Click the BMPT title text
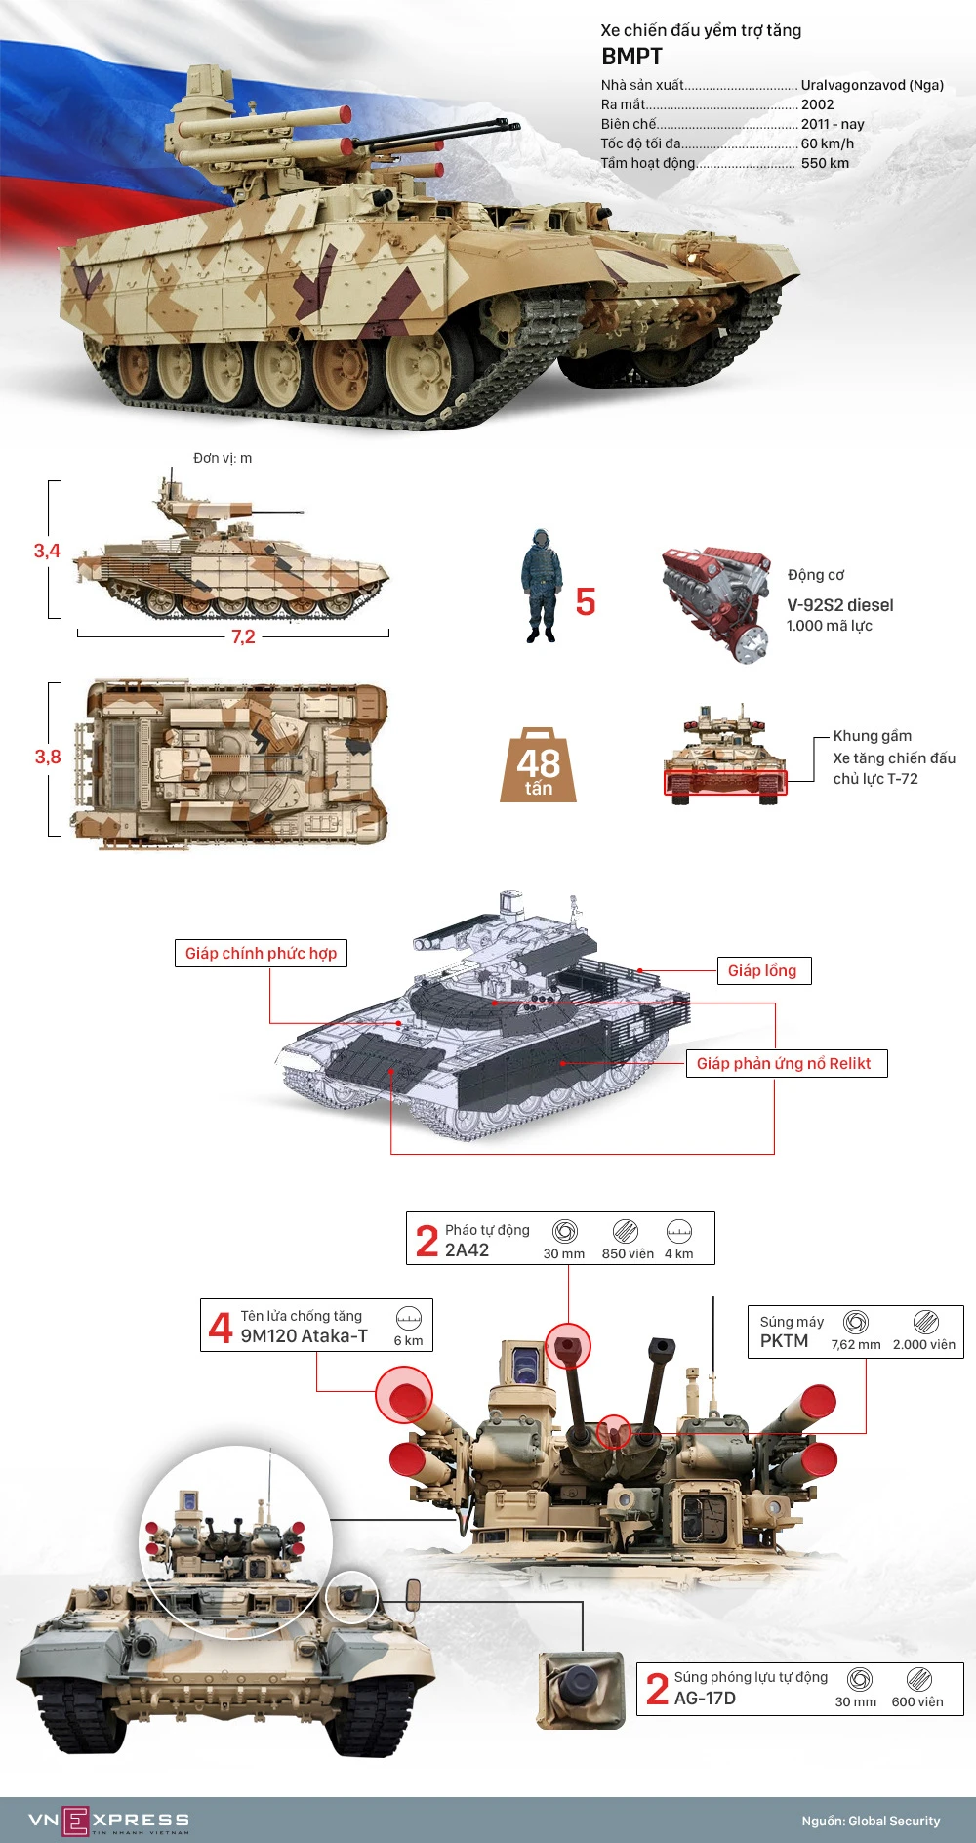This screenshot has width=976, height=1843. point(631,57)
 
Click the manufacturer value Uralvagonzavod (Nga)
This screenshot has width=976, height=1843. point(872,85)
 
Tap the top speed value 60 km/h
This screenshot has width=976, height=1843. point(827,143)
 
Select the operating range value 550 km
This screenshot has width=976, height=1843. point(825,163)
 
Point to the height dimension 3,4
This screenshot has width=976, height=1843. point(47,551)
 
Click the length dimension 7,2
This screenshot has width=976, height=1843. point(243,636)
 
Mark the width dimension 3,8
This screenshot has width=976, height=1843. point(47,757)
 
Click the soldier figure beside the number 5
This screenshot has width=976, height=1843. point(538,586)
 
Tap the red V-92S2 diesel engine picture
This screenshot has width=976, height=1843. point(715,602)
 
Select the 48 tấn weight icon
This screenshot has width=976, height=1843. point(538,767)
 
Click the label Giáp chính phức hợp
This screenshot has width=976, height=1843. point(261,953)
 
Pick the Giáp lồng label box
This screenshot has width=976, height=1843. point(762,970)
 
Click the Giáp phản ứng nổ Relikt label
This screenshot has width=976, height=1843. point(783,1063)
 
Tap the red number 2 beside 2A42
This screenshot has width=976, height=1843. point(427,1241)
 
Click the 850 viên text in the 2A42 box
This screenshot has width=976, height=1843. point(628,1253)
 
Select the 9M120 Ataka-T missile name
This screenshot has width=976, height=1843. point(304,1336)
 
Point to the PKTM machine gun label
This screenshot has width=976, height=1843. point(784,1341)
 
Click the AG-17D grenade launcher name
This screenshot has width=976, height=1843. point(705,1698)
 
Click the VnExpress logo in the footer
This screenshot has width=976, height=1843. point(108,1820)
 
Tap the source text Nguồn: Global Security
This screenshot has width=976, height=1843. point(871,1821)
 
